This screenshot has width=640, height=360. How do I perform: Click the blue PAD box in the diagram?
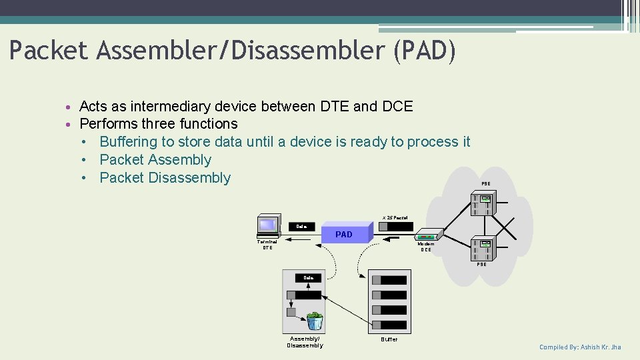(344, 234)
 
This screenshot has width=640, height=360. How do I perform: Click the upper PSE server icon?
(482, 203)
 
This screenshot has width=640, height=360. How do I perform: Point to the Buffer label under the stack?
(389, 339)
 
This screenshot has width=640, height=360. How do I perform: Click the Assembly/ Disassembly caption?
(305, 342)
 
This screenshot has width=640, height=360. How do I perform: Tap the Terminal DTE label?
(267, 244)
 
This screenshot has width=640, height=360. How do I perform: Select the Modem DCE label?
(426, 247)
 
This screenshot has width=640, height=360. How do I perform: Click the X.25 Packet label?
(395, 217)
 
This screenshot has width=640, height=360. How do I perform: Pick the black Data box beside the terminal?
(302, 227)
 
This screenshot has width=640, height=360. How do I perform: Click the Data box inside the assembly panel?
(309, 277)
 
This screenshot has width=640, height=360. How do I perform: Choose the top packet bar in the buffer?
(389, 280)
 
